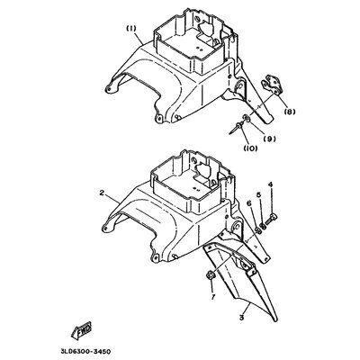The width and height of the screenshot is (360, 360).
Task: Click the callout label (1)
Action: (131, 28)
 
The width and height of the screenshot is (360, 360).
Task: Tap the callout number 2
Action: (102, 193)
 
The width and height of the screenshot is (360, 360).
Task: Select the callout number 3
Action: (242, 317)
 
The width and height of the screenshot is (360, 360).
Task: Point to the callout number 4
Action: (271, 184)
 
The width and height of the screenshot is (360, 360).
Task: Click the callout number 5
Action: (258, 195)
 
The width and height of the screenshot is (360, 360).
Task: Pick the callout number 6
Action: (248, 203)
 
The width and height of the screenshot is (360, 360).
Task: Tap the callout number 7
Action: (212, 297)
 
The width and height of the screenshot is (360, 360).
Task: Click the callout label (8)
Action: (290, 112)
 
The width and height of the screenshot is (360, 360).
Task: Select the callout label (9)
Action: (270, 139)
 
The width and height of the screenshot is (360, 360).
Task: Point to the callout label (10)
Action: (250, 148)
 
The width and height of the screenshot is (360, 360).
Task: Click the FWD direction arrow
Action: (81, 330)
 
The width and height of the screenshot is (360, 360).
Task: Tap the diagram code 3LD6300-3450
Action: (85, 351)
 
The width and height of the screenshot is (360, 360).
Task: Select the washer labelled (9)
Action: (247, 118)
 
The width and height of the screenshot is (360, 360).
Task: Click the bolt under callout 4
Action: (271, 218)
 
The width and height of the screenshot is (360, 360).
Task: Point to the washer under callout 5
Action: (263, 226)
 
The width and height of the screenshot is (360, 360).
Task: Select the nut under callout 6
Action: (257, 230)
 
